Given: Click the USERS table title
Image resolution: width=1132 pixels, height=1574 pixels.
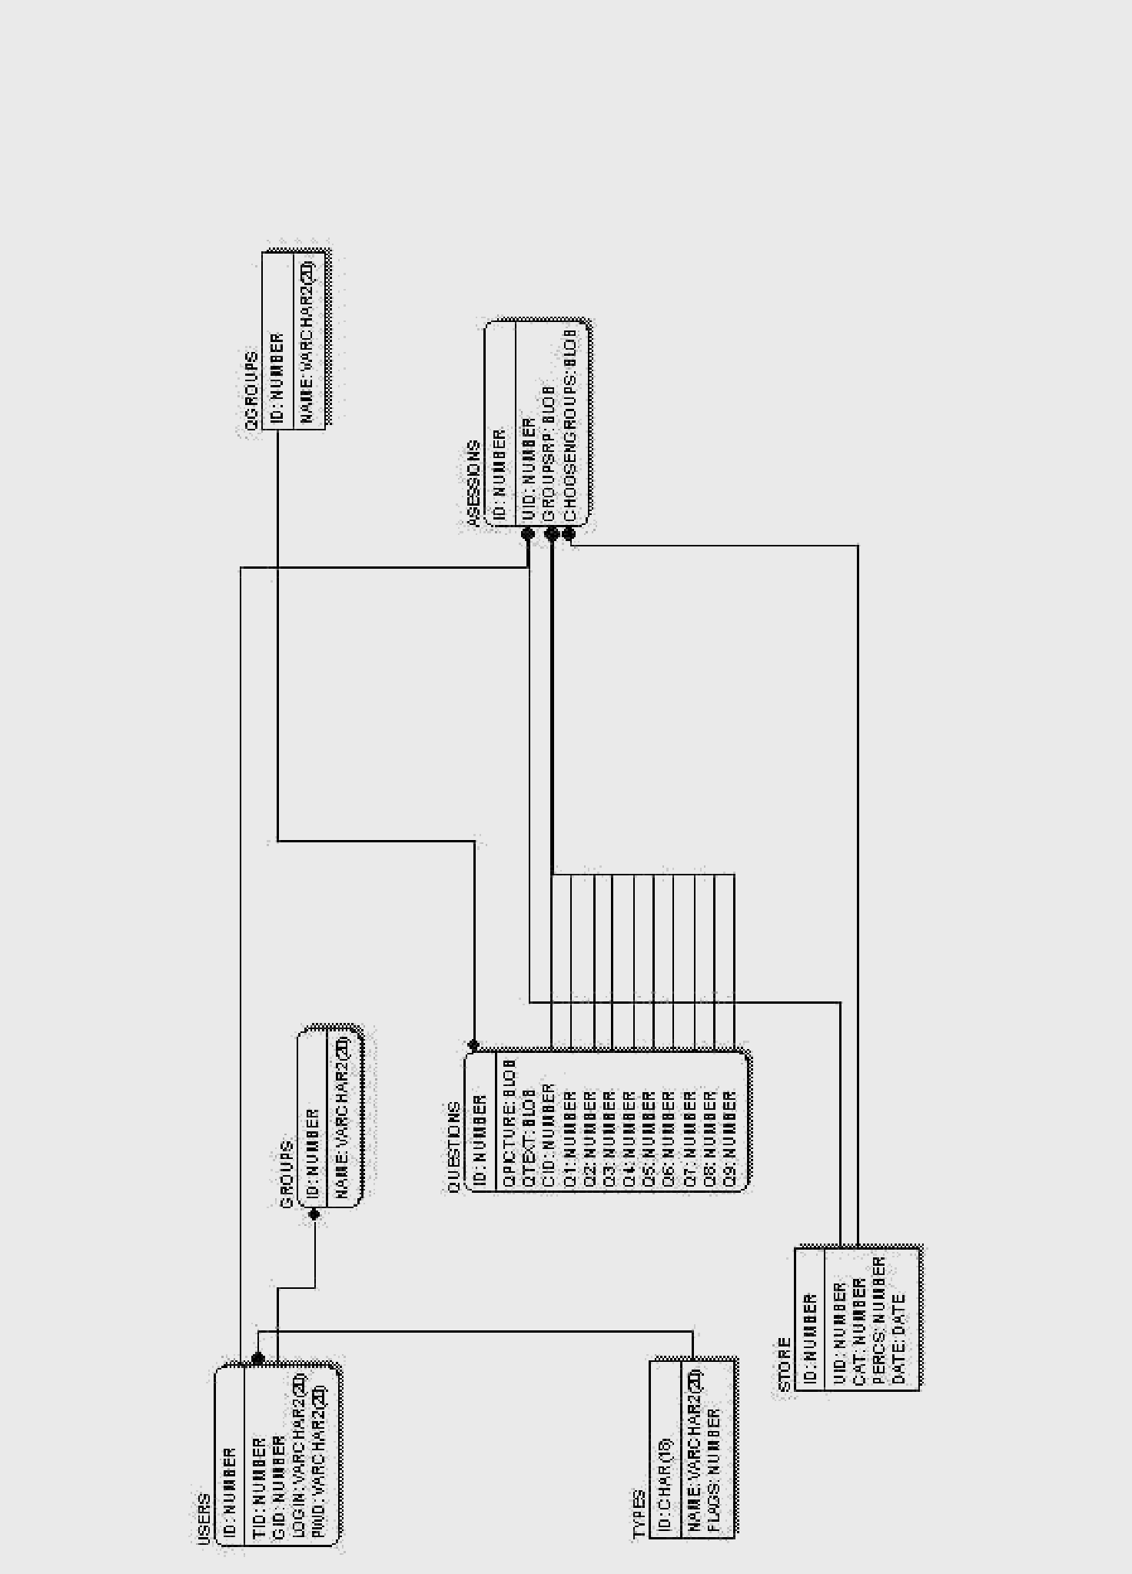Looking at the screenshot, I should click(204, 1519).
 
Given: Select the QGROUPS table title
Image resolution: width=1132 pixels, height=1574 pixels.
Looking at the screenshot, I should click(251, 395).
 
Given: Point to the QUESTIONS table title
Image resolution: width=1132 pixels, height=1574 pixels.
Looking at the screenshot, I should click(453, 1147).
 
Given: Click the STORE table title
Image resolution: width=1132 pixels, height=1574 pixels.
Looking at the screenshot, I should click(784, 1364).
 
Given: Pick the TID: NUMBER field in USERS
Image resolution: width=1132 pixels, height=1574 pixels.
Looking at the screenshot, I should click(259, 1476).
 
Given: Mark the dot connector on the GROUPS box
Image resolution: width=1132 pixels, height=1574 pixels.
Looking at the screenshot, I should click(314, 1214).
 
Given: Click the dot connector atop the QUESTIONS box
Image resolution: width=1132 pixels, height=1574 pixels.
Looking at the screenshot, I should click(473, 1045).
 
